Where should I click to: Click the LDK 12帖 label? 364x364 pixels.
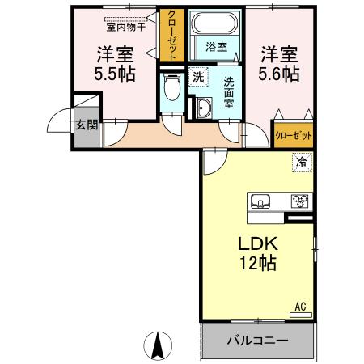click(256, 252)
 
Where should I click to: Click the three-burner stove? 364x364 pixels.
click(300, 201)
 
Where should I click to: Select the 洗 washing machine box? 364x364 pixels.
click(198, 77)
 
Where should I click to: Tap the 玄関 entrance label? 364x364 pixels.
click(87, 125)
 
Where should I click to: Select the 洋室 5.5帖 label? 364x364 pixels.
click(115, 63)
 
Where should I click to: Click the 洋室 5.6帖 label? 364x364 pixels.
click(279, 63)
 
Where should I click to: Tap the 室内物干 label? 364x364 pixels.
click(125, 25)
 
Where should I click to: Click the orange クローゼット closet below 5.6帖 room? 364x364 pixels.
click(293, 135)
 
